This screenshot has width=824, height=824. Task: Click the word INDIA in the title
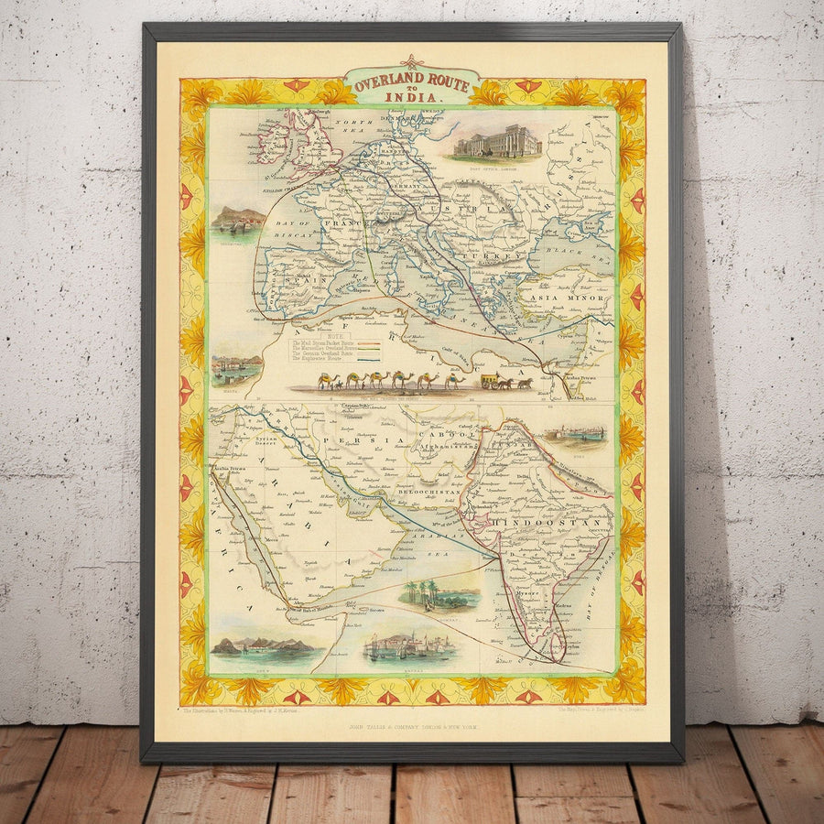click(x=411, y=95)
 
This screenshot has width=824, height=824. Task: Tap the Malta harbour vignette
click(x=237, y=368)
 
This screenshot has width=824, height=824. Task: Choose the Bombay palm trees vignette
click(x=439, y=595)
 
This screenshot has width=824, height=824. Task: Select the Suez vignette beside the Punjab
click(x=575, y=432)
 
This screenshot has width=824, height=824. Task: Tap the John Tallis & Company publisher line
click(x=412, y=726)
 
